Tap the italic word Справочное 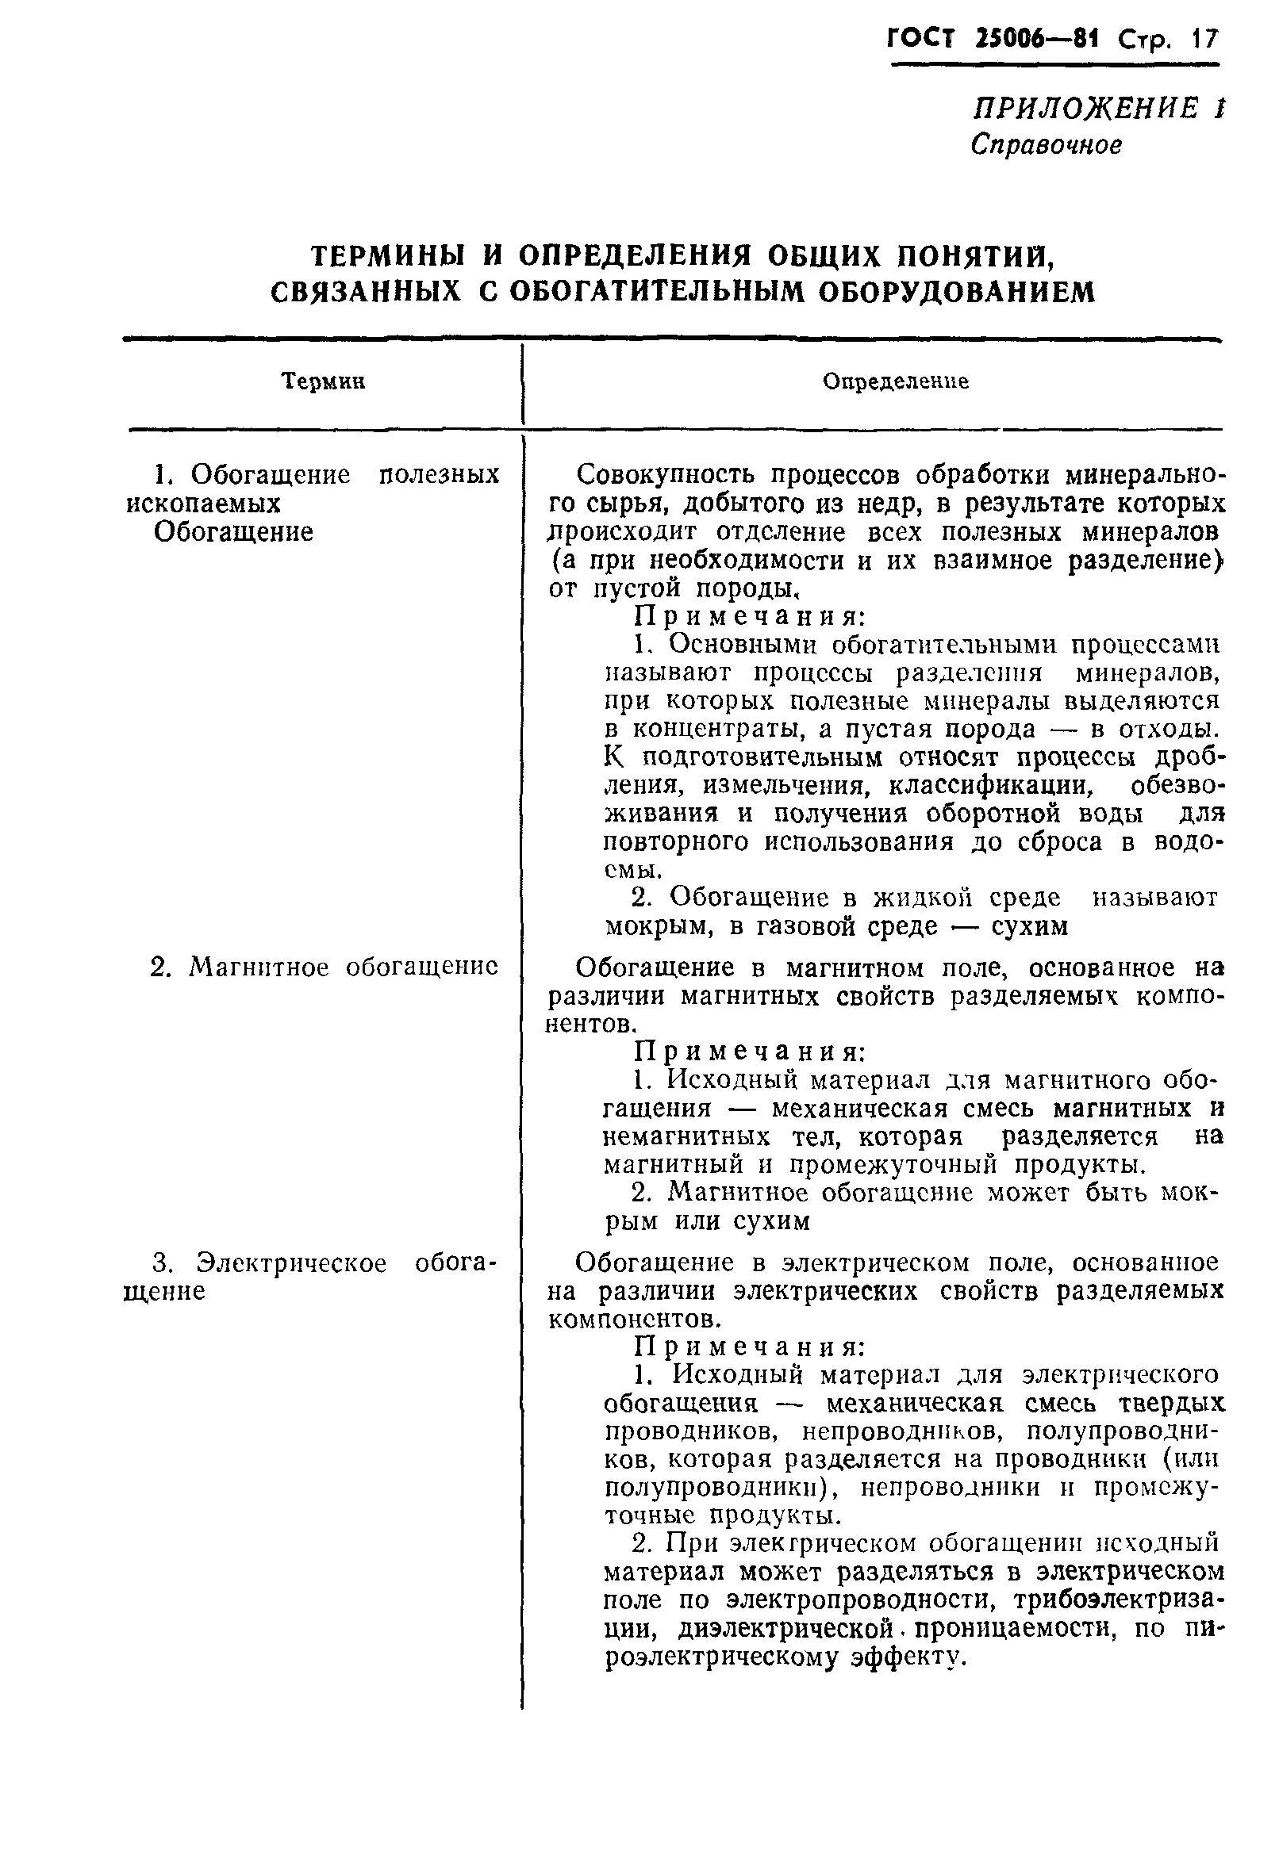(x=1045, y=145)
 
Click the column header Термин (x=323, y=382)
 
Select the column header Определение (x=895, y=382)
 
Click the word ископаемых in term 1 (x=204, y=504)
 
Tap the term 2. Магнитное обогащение (x=324, y=967)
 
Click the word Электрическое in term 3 (x=292, y=1262)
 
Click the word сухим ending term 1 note (x=1029, y=927)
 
